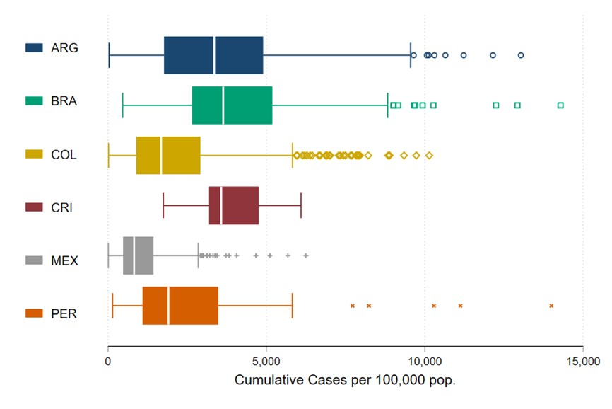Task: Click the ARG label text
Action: [x=64, y=48]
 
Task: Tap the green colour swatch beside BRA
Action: [x=35, y=101]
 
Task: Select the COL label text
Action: [x=64, y=154]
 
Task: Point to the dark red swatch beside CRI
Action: [x=35, y=207]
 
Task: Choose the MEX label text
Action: [x=64, y=260]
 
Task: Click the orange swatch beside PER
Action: [x=35, y=313]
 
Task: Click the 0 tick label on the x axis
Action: [x=108, y=362]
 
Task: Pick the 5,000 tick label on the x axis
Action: [x=266, y=362]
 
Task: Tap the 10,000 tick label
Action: [x=424, y=362]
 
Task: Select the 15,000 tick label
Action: [x=582, y=362]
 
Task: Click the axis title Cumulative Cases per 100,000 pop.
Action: [x=345, y=381]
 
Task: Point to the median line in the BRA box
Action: [x=223, y=105]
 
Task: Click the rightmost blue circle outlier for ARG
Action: [x=521, y=55]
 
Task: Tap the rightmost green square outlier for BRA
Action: [x=560, y=105]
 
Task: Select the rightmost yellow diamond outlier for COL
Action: [x=429, y=155]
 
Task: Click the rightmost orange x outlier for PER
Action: [x=551, y=306]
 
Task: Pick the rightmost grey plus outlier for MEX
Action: [x=306, y=255]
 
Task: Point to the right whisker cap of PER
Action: [x=292, y=306]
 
